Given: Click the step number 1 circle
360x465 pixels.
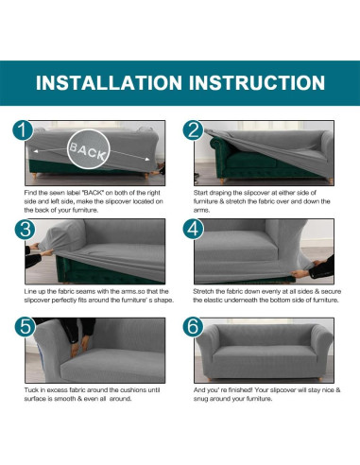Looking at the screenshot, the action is click(x=23, y=130).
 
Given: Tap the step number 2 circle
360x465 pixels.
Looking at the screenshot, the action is click(x=193, y=130).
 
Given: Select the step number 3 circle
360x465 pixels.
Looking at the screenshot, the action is click(x=25, y=229).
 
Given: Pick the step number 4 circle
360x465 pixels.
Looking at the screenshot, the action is click(x=193, y=229).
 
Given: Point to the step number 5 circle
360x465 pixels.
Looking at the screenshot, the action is click(x=25, y=326).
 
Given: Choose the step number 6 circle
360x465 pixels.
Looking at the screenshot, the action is click(x=193, y=326).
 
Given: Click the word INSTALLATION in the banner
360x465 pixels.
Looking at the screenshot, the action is click(x=109, y=82).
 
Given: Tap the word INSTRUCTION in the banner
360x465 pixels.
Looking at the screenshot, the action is click(x=257, y=82).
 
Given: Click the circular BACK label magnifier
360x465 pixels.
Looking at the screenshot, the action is click(x=89, y=149).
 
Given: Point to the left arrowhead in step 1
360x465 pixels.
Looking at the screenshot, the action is click(x=36, y=151).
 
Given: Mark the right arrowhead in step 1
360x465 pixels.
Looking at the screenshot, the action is click(x=147, y=159).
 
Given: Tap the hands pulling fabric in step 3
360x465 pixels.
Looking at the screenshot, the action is click(x=40, y=250).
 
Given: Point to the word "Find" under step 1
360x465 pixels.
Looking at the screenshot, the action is click(x=30, y=193).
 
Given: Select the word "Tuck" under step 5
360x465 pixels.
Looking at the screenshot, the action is click(x=31, y=390).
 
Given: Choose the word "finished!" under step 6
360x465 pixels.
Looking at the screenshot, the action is click(x=240, y=390).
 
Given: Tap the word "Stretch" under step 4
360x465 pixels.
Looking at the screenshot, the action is click(x=203, y=291).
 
